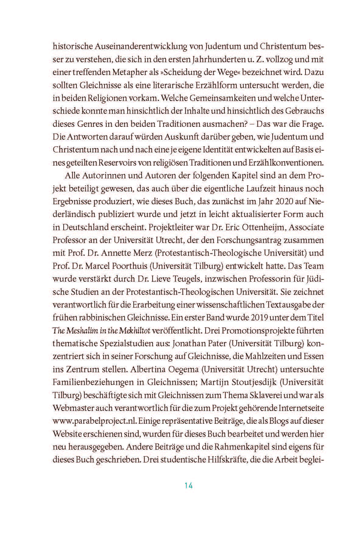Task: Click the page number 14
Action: [189, 486]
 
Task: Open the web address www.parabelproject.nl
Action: [94, 421]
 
